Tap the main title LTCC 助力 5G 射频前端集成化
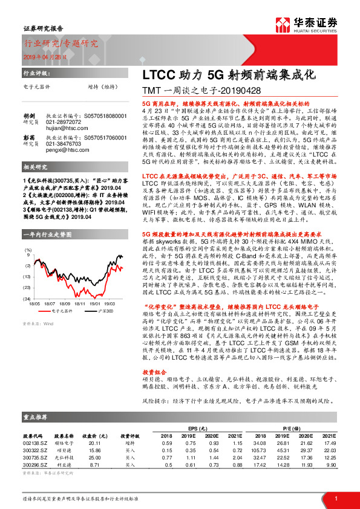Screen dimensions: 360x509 (x=229, y=77)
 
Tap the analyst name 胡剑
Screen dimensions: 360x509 (x=28, y=115)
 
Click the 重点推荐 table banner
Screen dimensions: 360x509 (x=36, y=417)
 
